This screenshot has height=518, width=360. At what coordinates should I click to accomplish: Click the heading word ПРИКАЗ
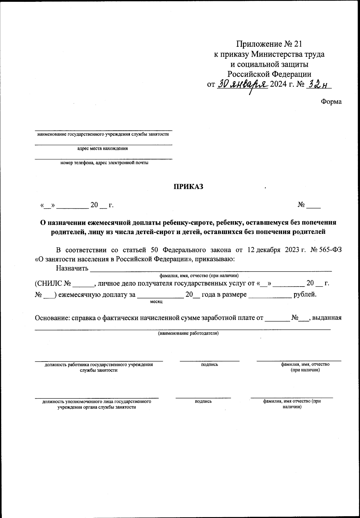click(188, 186)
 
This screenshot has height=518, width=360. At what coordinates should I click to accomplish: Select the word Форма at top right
click(331, 102)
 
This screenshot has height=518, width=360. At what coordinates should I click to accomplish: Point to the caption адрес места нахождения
click(103, 148)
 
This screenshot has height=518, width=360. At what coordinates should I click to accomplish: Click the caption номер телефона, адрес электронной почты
click(104, 163)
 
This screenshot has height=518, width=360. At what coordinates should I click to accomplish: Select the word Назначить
click(72, 268)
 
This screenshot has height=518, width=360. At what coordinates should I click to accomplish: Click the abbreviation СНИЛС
click(48, 283)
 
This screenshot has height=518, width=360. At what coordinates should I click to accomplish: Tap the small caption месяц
click(156, 301)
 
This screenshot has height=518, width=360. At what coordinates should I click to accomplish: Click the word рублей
click(305, 294)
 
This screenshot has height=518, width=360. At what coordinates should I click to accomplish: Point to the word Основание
click(51, 318)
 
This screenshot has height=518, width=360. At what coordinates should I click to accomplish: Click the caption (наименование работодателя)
click(188, 333)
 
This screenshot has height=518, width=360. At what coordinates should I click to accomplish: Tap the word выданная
click(327, 318)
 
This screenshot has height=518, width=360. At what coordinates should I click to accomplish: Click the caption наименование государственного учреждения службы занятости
click(103, 134)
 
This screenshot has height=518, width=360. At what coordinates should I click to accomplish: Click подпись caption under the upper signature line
click(209, 365)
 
